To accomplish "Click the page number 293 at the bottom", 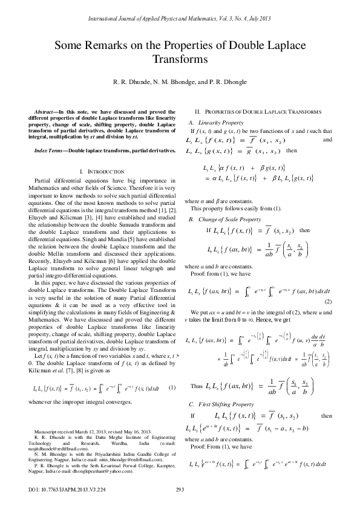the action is click(x=180, y=489).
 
